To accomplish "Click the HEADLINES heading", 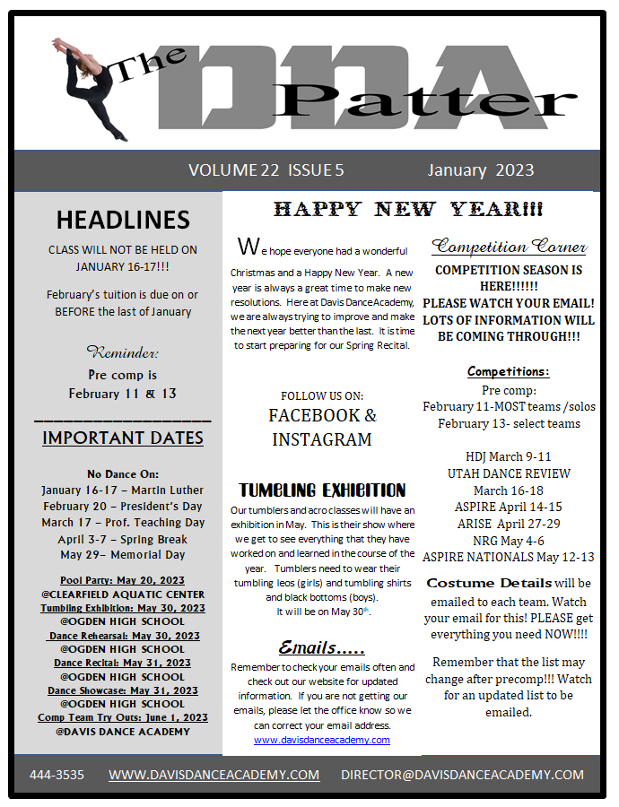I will point(123,220).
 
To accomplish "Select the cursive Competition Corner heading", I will point(509,247).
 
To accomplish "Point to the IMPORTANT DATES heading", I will point(123,438).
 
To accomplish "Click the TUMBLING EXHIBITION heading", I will point(322,490).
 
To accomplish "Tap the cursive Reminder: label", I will point(122,352).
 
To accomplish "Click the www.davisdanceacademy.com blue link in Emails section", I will point(322,740).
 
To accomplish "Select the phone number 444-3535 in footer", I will point(57,775).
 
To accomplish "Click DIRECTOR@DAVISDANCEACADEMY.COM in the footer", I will point(462,775).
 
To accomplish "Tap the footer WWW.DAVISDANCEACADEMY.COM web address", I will point(214,775).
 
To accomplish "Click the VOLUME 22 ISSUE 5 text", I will point(266,170).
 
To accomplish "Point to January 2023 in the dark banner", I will point(480,170).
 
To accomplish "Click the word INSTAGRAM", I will point(322,439).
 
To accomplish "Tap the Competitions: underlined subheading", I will point(509,371).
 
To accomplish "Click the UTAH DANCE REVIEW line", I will point(509,473).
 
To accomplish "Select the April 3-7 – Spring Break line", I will point(123,540).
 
